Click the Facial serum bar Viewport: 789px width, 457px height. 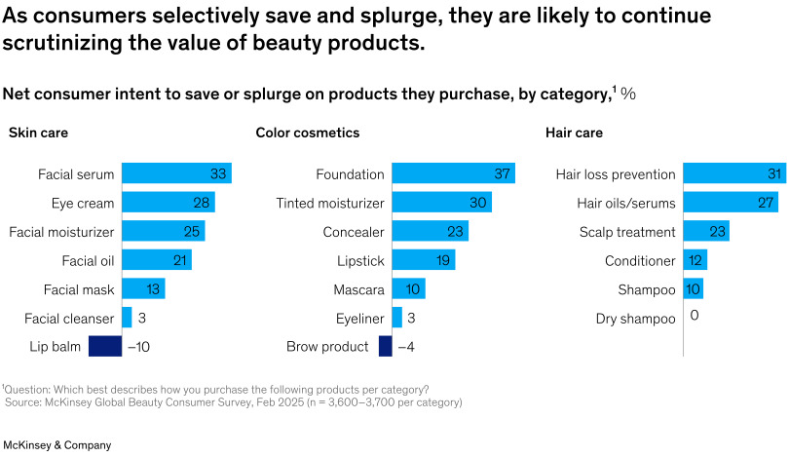coord(176,174)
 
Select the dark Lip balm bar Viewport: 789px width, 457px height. coord(105,346)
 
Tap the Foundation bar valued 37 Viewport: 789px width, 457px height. coord(453,174)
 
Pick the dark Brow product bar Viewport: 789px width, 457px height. coord(385,346)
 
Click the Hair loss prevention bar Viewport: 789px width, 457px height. coord(733,174)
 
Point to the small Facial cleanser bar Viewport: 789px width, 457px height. coord(127,318)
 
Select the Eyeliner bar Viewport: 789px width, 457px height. coord(396,318)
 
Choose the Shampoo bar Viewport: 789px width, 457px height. coord(693,289)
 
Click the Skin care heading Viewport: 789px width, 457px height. coord(38,133)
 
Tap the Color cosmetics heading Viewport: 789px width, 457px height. coord(307,133)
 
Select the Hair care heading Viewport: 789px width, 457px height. coord(574,133)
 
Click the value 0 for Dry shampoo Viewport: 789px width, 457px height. coord(694,316)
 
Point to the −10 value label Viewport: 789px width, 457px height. coord(138,346)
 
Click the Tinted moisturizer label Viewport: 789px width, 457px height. coord(330,204)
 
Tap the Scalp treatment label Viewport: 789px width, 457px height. coord(627,232)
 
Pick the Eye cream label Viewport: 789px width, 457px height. coord(83,204)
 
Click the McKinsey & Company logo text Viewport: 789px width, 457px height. coord(56,445)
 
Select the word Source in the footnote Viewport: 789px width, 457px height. coord(26,401)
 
